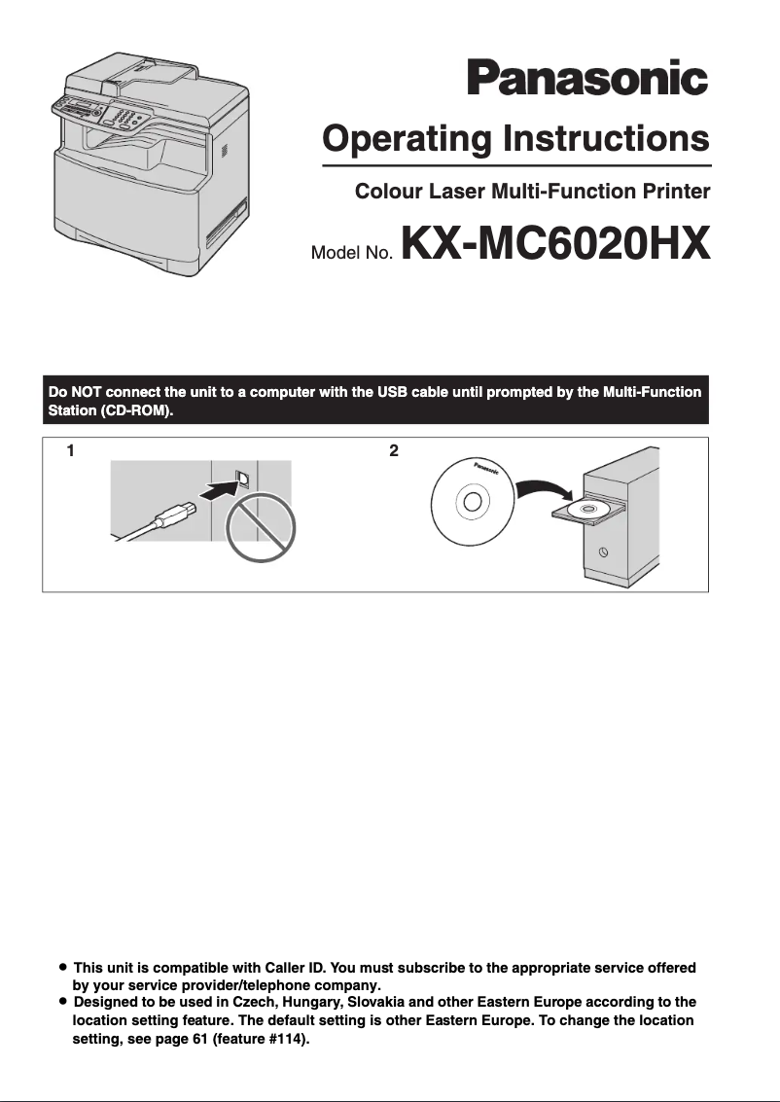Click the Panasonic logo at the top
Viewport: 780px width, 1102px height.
point(586,78)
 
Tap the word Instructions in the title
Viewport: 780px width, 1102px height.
point(606,139)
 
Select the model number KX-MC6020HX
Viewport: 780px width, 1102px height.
point(553,245)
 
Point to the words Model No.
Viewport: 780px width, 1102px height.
point(351,254)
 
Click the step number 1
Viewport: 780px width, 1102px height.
point(71,451)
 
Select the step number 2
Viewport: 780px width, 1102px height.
point(393,451)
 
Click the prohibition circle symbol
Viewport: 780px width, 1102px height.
point(260,530)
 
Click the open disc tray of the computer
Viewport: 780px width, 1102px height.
point(588,510)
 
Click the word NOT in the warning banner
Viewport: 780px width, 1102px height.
point(87,392)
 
